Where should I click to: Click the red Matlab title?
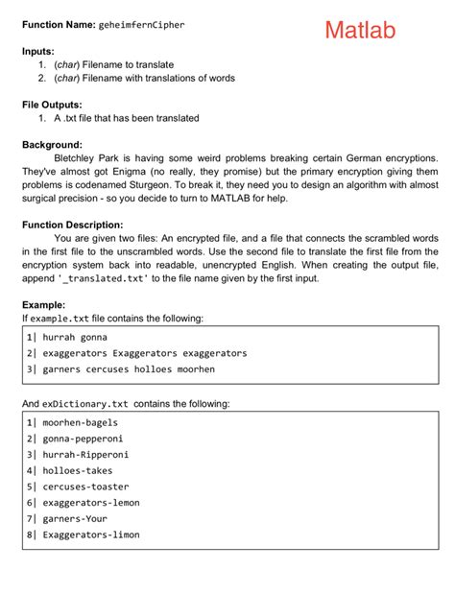click(359, 31)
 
